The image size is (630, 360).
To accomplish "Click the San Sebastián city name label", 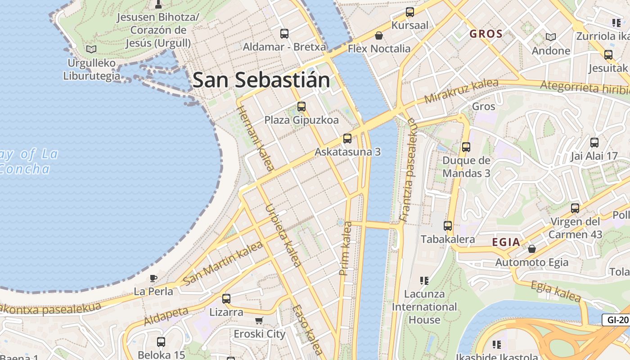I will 261,80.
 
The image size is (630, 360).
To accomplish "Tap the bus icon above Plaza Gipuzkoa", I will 301,107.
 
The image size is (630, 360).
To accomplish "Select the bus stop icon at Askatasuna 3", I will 347,138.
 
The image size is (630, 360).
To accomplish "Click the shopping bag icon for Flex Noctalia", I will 379,35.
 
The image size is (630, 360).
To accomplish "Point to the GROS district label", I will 486,34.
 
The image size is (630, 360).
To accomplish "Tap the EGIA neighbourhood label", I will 506,242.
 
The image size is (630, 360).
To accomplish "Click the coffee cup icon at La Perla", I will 153,278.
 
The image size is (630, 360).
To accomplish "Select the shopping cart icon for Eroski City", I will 259,321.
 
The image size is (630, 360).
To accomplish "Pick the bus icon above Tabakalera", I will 447,226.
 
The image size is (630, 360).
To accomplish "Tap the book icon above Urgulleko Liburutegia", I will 91,49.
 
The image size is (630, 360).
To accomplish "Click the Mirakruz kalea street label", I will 461,91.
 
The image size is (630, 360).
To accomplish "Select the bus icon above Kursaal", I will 409,12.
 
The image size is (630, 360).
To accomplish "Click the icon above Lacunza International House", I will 424,281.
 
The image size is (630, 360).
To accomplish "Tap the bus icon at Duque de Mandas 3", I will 466,147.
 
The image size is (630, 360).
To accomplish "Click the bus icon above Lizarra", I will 226,298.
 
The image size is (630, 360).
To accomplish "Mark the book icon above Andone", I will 550,37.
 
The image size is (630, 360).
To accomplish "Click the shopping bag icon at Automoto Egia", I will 532,248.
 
